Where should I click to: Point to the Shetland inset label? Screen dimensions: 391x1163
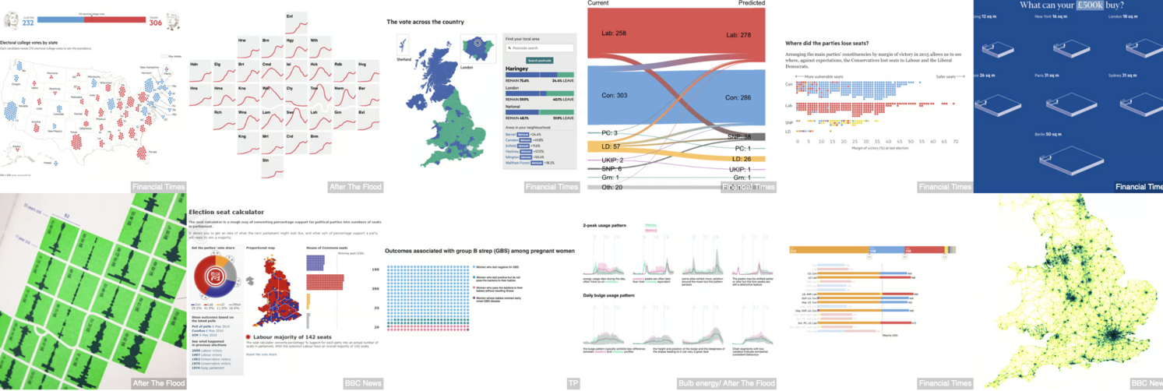pyautogui.click(x=403, y=60)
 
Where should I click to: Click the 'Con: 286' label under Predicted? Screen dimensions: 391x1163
pyautogui.click(x=741, y=98)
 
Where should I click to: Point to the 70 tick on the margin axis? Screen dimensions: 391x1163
pyautogui.click(x=955, y=141)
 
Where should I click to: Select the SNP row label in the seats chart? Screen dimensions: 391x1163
pyautogui.click(x=789, y=122)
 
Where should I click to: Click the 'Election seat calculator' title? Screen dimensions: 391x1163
pyautogui.click(x=226, y=211)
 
